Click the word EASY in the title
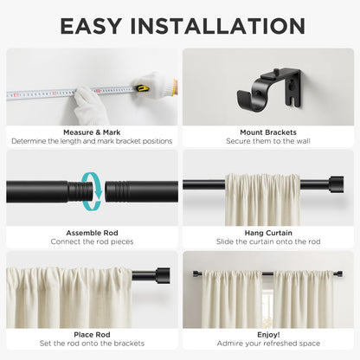95,26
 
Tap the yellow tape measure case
167,87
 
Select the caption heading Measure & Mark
92,132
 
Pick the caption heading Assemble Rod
92,233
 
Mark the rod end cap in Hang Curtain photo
332,183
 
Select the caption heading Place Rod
92,333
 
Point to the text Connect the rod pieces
92,241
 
